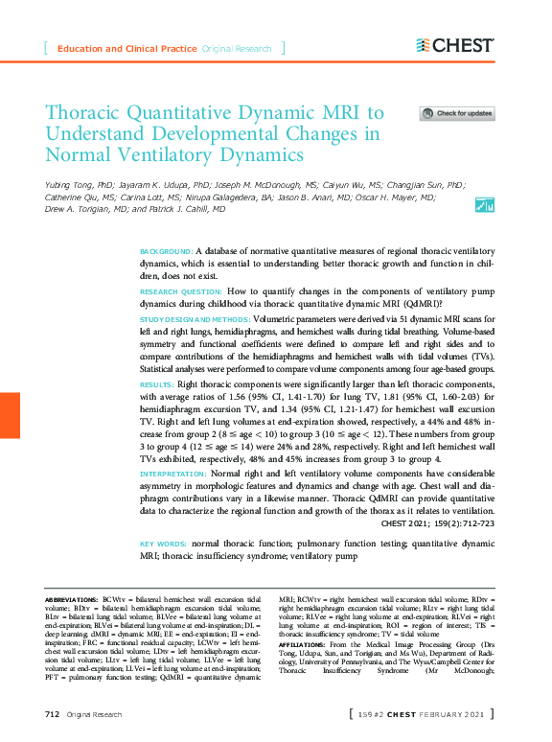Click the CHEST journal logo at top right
(455, 45)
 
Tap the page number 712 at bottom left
(53, 714)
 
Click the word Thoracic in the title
(86, 113)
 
